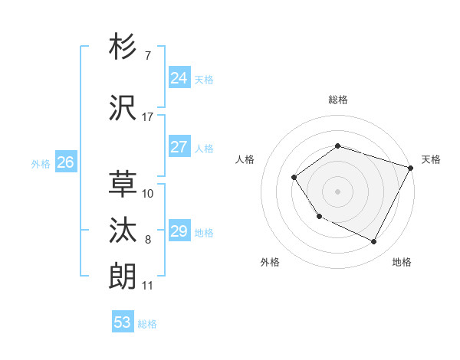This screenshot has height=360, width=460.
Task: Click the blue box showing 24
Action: pos(179,77)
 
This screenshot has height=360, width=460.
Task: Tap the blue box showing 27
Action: pos(179,147)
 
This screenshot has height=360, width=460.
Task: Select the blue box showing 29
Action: pos(179,231)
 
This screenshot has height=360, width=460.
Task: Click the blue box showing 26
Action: pos(65,162)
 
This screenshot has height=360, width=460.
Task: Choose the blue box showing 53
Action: pos(122,322)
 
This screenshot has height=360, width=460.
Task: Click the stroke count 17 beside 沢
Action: pos(147,117)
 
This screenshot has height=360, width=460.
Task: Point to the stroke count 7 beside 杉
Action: pos(147,57)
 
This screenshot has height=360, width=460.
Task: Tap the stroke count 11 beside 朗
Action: pos(147,286)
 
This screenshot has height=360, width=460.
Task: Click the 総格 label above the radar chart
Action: pos(337,100)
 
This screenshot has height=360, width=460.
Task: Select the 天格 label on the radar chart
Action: pos(431,159)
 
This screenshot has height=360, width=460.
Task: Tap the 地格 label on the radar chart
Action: pos(402,262)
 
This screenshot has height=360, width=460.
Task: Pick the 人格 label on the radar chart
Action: pos(245,159)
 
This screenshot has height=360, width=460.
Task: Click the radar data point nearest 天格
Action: pos(410,167)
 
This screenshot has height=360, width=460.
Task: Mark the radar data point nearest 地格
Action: pos(374,242)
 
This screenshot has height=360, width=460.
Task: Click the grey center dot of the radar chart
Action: pos(337,191)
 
